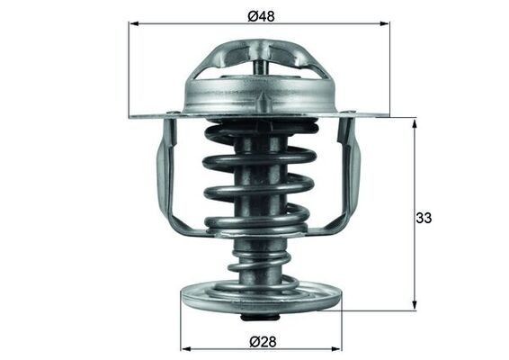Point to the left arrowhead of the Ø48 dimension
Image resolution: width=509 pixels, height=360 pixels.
click(133, 24)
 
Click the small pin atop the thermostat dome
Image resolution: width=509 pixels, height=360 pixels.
click(260, 66)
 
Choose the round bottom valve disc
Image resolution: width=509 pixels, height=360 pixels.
click(259, 295)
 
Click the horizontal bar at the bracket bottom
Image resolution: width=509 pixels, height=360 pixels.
click(259, 229)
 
